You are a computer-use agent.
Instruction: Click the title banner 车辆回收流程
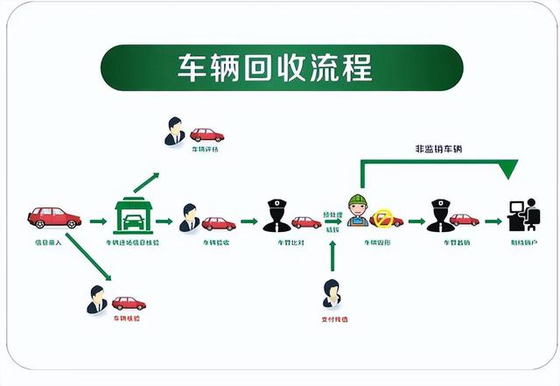click(280, 67)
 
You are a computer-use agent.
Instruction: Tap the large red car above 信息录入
click(54, 216)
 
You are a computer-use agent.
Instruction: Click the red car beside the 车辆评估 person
click(207, 135)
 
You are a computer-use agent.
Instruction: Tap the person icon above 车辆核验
click(96, 300)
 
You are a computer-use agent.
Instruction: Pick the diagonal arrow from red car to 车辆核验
click(87, 256)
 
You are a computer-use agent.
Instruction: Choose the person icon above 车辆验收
click(189, 218)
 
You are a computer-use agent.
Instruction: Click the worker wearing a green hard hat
click(356, 211)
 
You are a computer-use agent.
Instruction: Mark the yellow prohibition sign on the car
click(383, 218)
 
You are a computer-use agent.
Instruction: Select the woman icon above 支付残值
click(332, 293)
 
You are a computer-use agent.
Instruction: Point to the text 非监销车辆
click(438, 149)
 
